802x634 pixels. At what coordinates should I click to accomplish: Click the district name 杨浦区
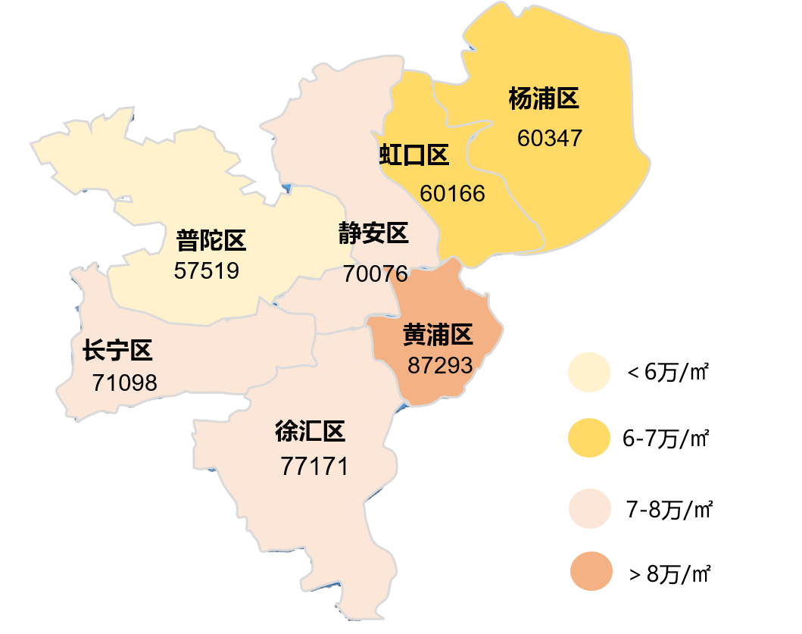click(544, 99)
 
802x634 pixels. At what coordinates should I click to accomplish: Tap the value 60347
click(550, 139)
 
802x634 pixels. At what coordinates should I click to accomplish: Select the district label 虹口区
click(414, 156)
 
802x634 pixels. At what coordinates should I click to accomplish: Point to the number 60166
click(452, 193)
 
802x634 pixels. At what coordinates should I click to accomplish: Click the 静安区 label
click(373, 233)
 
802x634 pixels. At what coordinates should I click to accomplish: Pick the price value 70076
click(375, 273)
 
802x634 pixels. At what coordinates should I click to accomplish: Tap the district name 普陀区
click(211, 242)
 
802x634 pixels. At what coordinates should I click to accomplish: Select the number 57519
click(206, 270)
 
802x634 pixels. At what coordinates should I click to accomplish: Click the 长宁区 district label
click(117, 351)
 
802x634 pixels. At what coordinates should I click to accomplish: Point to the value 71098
click(125, 383)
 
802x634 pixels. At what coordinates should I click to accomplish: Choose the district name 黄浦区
click(438, 334)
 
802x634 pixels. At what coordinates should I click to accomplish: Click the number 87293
click(440, 365)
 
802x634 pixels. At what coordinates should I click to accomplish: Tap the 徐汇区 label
click(310, 433)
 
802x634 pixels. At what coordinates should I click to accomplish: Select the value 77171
click(314, 466)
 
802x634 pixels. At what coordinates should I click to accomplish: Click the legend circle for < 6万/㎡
click(589, 372)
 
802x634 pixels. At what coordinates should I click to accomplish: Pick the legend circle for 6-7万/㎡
click(589, 439)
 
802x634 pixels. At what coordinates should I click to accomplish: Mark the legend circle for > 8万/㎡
click(589, 573)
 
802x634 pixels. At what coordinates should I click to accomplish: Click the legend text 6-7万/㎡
click(666, 439)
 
